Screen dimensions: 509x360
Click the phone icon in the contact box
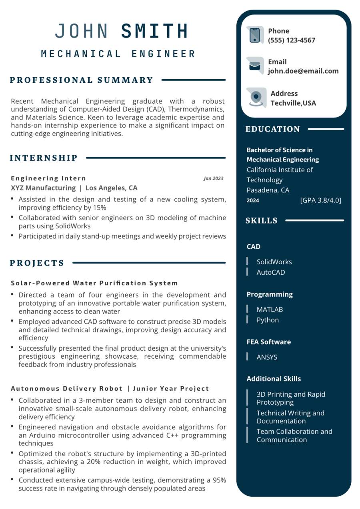point(255,35)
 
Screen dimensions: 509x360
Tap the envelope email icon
point(255,66)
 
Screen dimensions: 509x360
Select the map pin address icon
point(256,98)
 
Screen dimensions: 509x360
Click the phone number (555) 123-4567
point(291,40)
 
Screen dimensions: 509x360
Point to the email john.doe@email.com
point(303,71)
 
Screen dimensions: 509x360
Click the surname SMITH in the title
point(154,31)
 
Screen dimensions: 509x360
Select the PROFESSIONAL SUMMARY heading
point(82,80)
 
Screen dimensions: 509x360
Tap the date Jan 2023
point(214,178)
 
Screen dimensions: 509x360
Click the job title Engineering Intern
point(48,178)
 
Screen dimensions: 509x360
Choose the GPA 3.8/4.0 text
point(320,200)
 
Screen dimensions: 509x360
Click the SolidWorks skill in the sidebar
point(274,262)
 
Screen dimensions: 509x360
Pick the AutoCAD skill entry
point(271,272)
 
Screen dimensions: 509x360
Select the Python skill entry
point(268,320)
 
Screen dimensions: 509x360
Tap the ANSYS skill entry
point(267,357)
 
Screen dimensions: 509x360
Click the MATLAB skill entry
point(270,309)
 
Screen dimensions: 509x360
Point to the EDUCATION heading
point(272,129)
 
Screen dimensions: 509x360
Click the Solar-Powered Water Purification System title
point(94,283)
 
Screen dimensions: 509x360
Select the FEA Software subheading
point(268,342)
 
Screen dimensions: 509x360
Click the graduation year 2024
point(252,200)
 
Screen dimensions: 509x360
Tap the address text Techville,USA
point(293,103)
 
